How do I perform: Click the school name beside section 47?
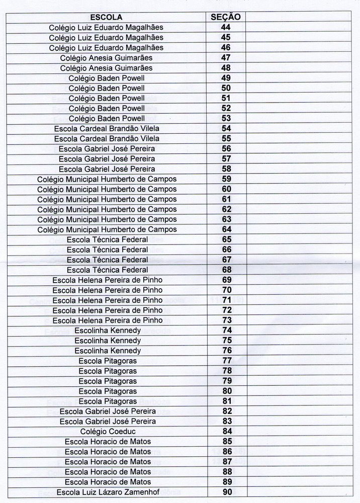pos(106,57)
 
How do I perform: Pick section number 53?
pos(226,118)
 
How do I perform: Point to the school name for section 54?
pos(107,128)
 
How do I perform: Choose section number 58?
pos(226,169)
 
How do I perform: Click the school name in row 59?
pos(107,179)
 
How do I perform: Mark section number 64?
pos(226,229)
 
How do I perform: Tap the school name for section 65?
pos(107,239)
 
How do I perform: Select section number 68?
pos(226,270)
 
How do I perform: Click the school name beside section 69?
pos(108,280)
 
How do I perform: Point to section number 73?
pos(227,320)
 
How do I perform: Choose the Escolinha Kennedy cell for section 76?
pos(108,351)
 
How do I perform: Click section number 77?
pos(227,361)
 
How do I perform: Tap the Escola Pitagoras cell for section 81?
pos(108,401)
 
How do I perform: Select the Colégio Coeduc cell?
pos(108,431)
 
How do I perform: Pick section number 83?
pos(227,421)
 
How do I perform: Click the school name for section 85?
pos(108,442)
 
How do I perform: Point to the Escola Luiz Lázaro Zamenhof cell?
pos(108,492)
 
